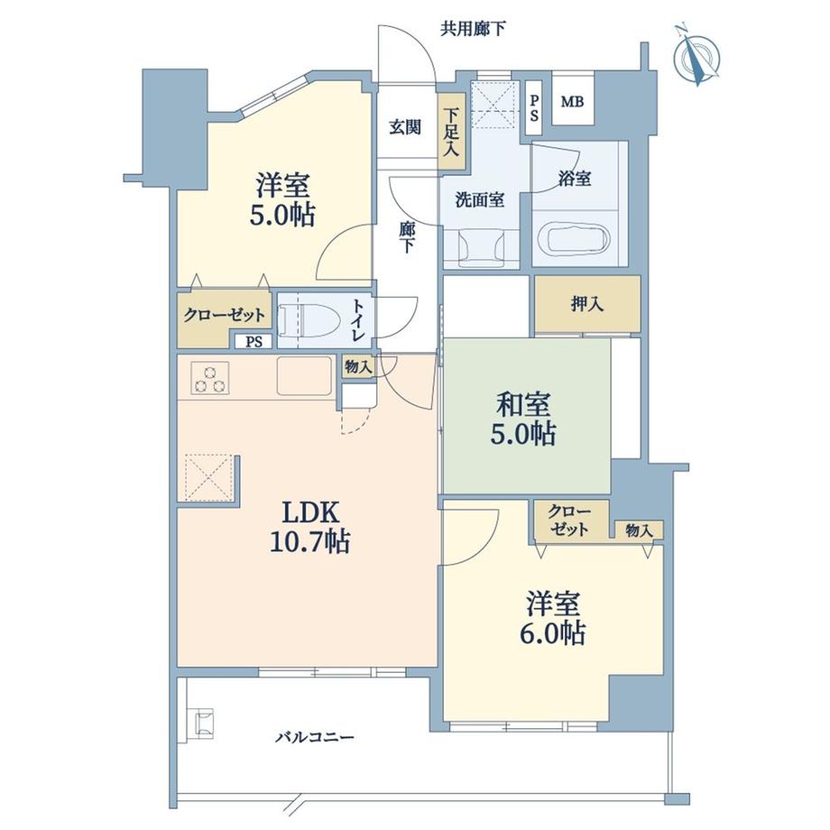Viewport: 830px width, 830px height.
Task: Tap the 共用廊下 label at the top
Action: [x=473, y=29]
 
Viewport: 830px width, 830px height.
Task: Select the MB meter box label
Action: [x=572, y=101]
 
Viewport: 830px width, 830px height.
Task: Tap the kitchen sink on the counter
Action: [x=304, y=376]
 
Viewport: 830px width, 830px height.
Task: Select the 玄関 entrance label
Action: [x=405, y=127]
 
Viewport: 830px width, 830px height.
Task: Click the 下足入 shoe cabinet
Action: [x=451, y=132]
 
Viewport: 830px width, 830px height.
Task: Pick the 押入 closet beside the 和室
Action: [x=587, y=304]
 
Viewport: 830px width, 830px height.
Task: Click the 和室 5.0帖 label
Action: [x=524, y=419]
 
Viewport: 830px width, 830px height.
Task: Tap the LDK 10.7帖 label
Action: [x=309, y=526]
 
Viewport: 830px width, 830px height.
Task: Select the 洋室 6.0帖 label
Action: [x=555, y=618]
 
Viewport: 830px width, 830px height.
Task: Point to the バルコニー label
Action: [x=315, y=737]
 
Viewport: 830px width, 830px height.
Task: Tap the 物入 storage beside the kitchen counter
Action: [x=359, y=366]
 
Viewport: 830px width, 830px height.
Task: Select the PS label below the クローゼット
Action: [x=254, y=341]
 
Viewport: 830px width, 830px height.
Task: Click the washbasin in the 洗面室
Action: [x=481, y=247]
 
